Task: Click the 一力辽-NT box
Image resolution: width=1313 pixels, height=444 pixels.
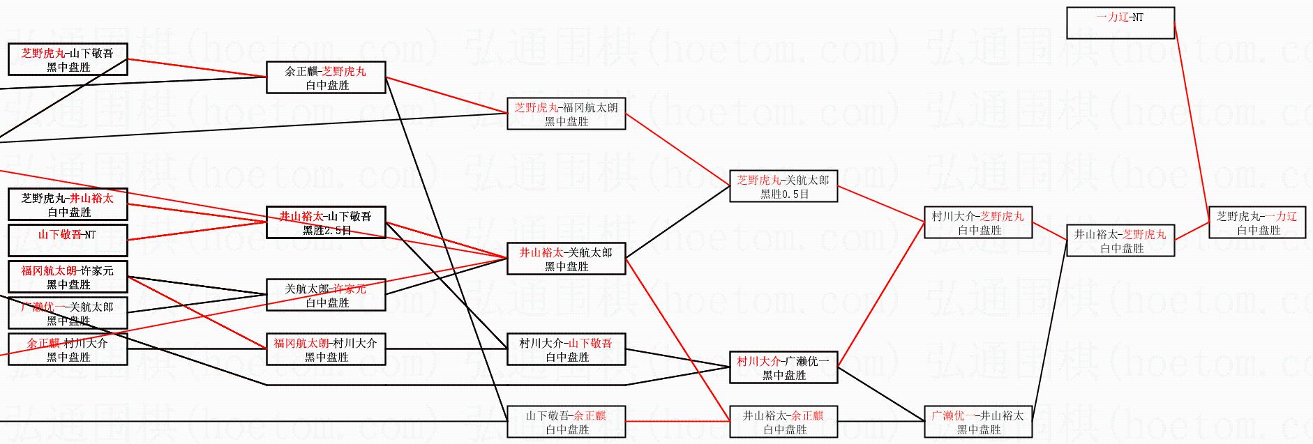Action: [x=1120, y=23]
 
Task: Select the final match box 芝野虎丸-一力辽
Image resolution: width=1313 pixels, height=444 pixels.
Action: [x=1256, y=223]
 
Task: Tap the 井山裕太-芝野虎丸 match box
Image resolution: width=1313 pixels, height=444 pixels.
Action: [x=1120, y=241]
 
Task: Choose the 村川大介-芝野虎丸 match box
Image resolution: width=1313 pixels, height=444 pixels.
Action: [x=977, y=223]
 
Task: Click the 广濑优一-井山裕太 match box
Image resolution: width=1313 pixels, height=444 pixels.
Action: [x=977, y=422]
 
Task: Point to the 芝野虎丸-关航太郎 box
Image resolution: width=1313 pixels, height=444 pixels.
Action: [x=783, y=187]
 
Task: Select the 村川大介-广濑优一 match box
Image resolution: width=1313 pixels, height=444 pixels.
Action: [x=783, y=368]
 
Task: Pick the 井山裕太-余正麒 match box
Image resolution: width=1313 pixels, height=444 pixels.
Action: [x=783, y=422]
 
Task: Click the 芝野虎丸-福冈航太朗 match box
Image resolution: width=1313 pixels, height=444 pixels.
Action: [x=566, y=114]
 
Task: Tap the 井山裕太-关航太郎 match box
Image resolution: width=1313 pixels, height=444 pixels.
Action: [x=566, y=259]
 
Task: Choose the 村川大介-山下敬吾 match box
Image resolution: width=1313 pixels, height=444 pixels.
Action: [x=566, y=350]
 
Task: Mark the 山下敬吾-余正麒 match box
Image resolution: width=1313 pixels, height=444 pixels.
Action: [x=566, y=422]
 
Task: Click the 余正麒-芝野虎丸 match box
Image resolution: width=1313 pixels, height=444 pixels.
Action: [x=326, y=78]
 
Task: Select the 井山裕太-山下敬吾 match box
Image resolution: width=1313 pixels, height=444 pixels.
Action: [x=326, y=223]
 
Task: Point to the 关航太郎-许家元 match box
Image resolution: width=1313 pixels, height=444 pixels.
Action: [x=326, y=296]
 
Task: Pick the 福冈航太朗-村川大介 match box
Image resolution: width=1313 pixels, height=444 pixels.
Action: [x=326, y=350]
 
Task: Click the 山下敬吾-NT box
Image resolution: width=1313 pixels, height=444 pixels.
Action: [x=68, y=240]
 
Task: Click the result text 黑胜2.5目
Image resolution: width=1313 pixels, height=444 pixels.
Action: [x=327, y=231]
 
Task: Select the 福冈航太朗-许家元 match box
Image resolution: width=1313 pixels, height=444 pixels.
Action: [x=68, y=277]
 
